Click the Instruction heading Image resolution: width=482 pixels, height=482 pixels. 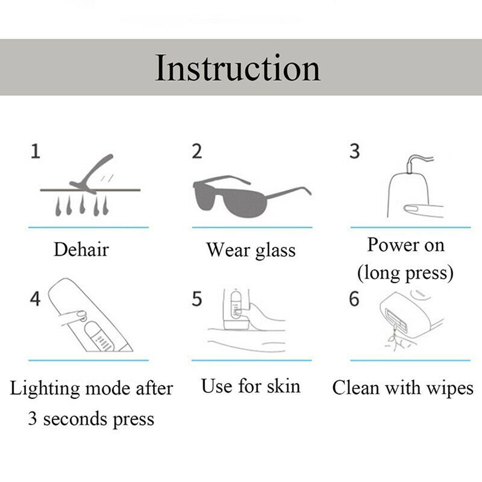pos(237,68)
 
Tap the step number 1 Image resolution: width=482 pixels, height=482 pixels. pos(35,151)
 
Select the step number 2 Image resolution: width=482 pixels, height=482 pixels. pos(197,151)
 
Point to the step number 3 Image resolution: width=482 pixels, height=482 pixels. pos(355,151)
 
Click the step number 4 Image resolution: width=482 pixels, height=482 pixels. pos(35,298)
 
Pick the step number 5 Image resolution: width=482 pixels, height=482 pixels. pos(197,299)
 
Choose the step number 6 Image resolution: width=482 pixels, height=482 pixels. pos(354,299)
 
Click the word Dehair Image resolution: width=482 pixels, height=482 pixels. pos(81,249)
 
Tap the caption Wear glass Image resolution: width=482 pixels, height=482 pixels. pos(251,251)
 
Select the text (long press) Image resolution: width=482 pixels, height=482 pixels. pos(405,273)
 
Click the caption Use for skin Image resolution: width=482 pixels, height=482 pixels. pos(251,386)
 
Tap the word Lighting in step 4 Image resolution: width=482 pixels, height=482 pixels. pos(45,389)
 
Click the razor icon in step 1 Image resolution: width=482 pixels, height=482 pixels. pos(91,174)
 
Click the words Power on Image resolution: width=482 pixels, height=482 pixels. pos(406,246)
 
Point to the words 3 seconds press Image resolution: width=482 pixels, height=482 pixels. pos(91,419)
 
